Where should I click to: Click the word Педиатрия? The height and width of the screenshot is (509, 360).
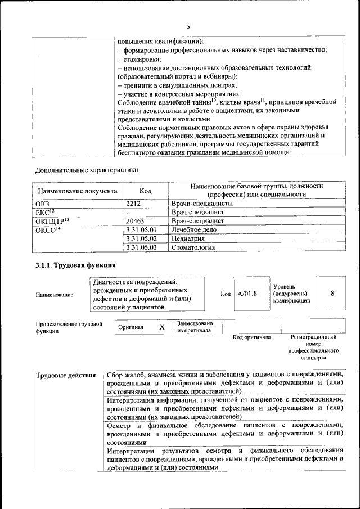click(188, 238)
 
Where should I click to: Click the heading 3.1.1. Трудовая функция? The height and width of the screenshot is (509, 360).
click(76, 265)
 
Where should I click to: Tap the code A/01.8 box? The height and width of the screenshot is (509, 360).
click(247, 294)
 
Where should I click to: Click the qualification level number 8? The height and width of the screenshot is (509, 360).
click(332, 294)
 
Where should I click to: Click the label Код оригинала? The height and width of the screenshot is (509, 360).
click(251, 337)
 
